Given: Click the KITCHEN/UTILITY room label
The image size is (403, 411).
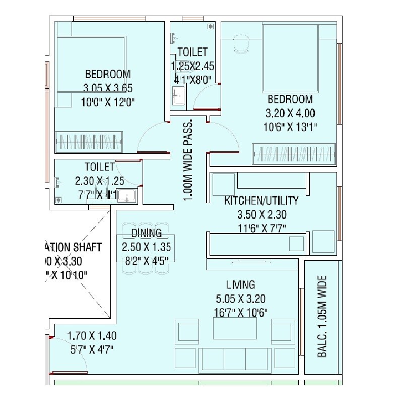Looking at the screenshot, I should click(x=261, y=201).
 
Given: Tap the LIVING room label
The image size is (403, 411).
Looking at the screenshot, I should click(x=241, y=285).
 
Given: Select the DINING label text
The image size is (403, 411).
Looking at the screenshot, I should click(x=146, y=233).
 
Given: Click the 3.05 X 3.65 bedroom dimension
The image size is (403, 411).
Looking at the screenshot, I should click(x=108, y=88).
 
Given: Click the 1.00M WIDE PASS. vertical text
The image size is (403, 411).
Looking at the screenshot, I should click(x=188, y=161).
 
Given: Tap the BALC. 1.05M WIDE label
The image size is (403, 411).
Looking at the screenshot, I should click(x=322, y=316).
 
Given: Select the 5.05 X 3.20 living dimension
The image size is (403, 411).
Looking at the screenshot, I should click(x=240, y=298).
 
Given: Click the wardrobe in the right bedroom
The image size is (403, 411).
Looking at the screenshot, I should click(x=294, y=153).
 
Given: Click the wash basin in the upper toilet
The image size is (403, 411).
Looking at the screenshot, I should click(x=178, y=96).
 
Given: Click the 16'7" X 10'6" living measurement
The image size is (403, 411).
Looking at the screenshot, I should click(x=240, y=312).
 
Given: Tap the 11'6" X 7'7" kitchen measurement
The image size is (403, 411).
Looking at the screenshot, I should click(x=261, y=228).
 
